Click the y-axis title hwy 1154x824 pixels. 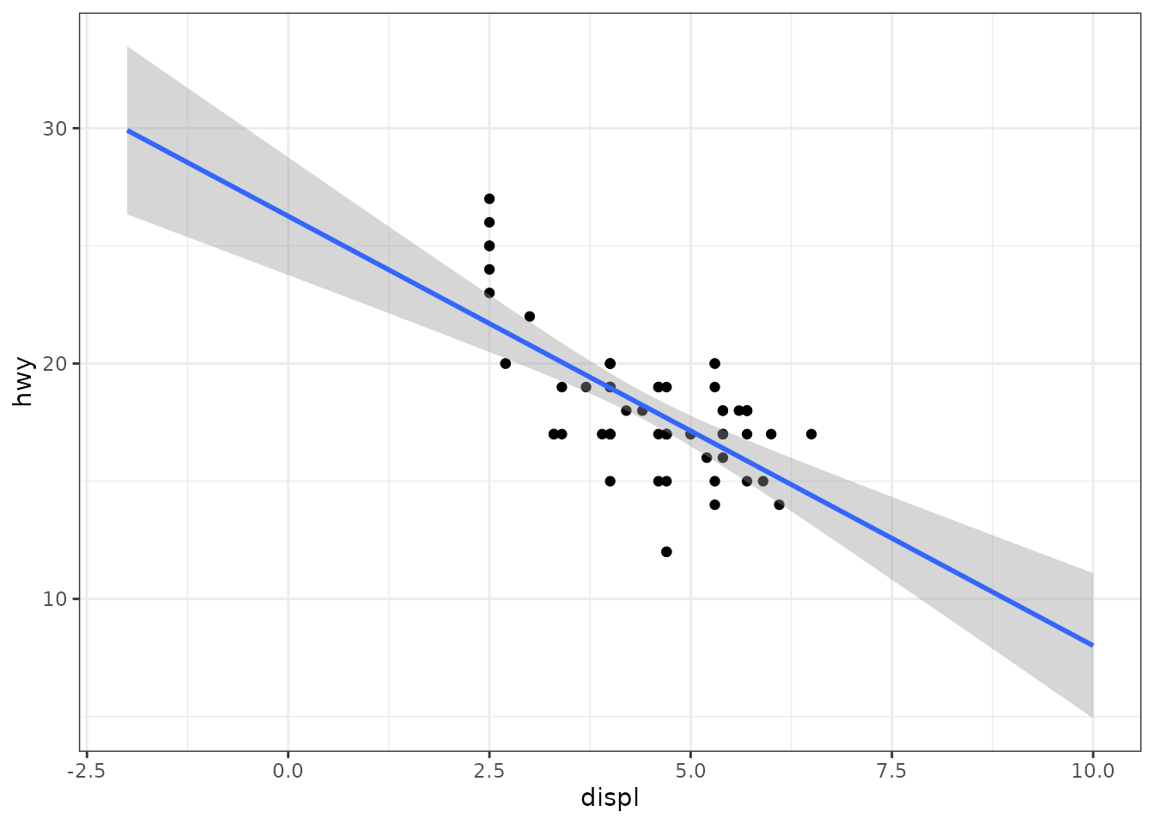pos(23,382)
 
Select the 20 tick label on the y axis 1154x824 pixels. pos(55,364)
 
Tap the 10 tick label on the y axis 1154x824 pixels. pos(55,599)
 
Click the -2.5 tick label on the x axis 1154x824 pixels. pos(87,771)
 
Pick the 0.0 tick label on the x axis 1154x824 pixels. pos(288,771)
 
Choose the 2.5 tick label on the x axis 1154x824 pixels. pos(489,771)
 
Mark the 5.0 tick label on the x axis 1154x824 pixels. pos(690,771)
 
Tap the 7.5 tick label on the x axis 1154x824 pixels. pos(891,771)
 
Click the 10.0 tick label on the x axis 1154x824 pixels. pos(1093,771)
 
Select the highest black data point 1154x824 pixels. pos(489,199)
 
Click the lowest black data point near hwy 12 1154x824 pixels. pos(666,552)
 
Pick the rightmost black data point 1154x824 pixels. pos(811,434)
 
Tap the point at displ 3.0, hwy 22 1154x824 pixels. pos(530,316)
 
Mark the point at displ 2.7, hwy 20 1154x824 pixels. pos(506,364)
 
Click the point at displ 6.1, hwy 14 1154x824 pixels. pos(779,505)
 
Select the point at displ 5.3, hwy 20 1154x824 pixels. pos(714,364)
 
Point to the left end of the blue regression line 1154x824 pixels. pos(127,130)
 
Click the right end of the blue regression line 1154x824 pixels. pos(1093,645)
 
